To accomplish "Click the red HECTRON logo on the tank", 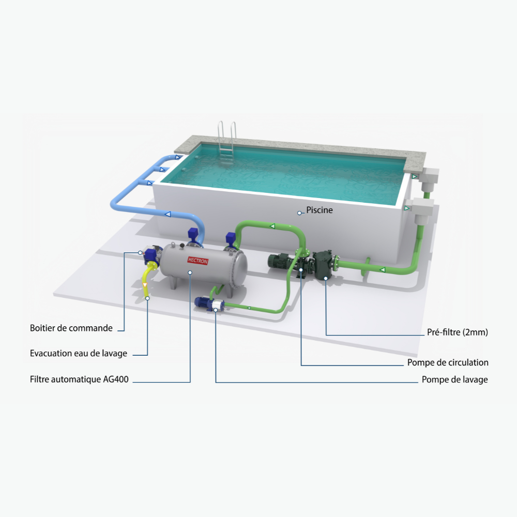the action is pyautogui.click(x=198, y=261).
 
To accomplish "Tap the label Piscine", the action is pyautogui.click(x=320, y=210).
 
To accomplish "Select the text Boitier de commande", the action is pyautogui.click(x=71, y=328).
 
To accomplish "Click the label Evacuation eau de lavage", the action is pyautogui.click(x=79, y=354).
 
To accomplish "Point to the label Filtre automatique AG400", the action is pyautogui.click(x=79, y=379).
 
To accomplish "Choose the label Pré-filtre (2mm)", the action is pyautogui.click(x=458, y=332).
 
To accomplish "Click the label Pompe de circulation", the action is pyautogui.click(x=448, y=362).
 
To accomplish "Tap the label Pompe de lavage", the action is pyautogui.click(x=454, y=379).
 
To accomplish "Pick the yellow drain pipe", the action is pyautogui.click(x=146, y=281).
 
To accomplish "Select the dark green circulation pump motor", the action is pyautogui.click(x=280, y=261).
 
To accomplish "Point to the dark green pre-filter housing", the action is pyautogui.click(x=323, y=264).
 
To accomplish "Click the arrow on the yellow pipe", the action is pyautogui.click(x=144, y=285).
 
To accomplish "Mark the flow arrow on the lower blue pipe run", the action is pyautogui.click(x=168, y=215).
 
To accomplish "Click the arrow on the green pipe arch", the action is pyautogui.click(x=272, y=226).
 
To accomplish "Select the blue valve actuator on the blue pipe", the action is pyautogui.click(x=193, y=234).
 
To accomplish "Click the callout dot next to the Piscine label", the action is pyautogui.click(x=299, y=213).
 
